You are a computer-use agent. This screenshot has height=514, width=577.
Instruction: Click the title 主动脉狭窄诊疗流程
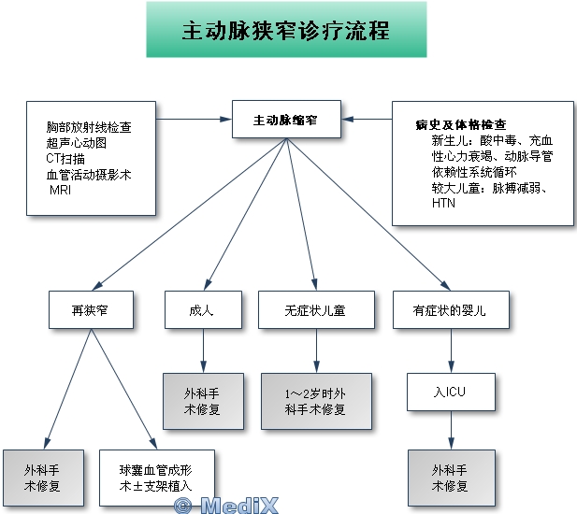tap(286, 30)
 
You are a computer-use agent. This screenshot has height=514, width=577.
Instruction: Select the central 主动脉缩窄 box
tap(285, 121)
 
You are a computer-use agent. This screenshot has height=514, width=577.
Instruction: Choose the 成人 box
tap(202, 310)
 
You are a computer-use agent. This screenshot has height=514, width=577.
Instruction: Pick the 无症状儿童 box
tap(316, 310)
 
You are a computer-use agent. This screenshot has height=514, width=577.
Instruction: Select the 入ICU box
tap(450, 392)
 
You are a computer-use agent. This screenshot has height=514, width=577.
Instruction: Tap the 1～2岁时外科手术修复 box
tap(316, 401)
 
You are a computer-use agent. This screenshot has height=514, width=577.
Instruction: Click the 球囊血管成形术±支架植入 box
tap(154, 478)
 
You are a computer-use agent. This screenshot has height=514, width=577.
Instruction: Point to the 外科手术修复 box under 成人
tap(203, 401)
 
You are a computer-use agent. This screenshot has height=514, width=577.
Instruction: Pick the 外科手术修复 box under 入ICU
tap(450, 478)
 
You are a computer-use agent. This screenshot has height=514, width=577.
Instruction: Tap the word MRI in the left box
tap(60, 190)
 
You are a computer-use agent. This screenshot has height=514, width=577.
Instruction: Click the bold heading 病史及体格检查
tap(461, 124)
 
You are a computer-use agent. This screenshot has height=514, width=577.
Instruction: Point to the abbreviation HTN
tap(442, 203)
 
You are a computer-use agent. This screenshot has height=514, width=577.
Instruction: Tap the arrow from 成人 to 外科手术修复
tap(203, 350)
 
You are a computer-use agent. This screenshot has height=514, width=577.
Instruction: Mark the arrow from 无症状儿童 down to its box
tap(316, 350)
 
